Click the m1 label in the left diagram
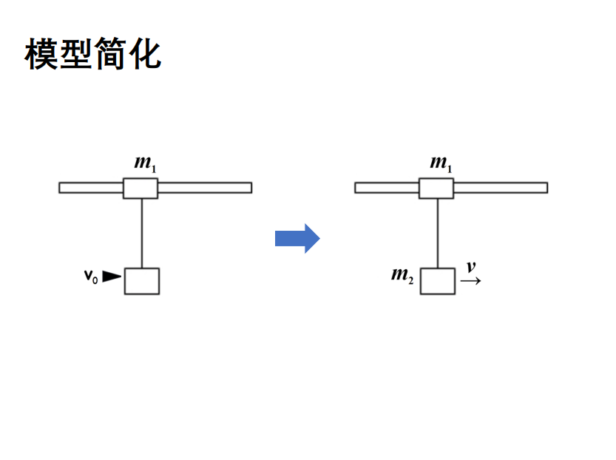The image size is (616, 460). (x=144, y=163)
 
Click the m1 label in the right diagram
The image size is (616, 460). (x=441, y=163)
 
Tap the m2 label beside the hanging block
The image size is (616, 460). (x=402, y=276)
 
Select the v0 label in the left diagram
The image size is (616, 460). (x=90, y=277)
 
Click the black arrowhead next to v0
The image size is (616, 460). (x=111, y=277)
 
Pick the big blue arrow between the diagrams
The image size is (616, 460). (x=297, y=238)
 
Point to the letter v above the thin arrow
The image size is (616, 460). (x=470, y=267)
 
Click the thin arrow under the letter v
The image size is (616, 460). (x=470, y=281)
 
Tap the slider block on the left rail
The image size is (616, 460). (x=141, y=188)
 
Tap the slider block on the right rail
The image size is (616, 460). (x=436, y=188)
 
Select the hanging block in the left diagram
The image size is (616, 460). (x=141, y=281)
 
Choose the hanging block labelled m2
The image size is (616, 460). (x=438, y=281)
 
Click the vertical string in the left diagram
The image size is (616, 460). (x=141, y=233)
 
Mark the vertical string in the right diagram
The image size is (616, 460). (x=437, y=233)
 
